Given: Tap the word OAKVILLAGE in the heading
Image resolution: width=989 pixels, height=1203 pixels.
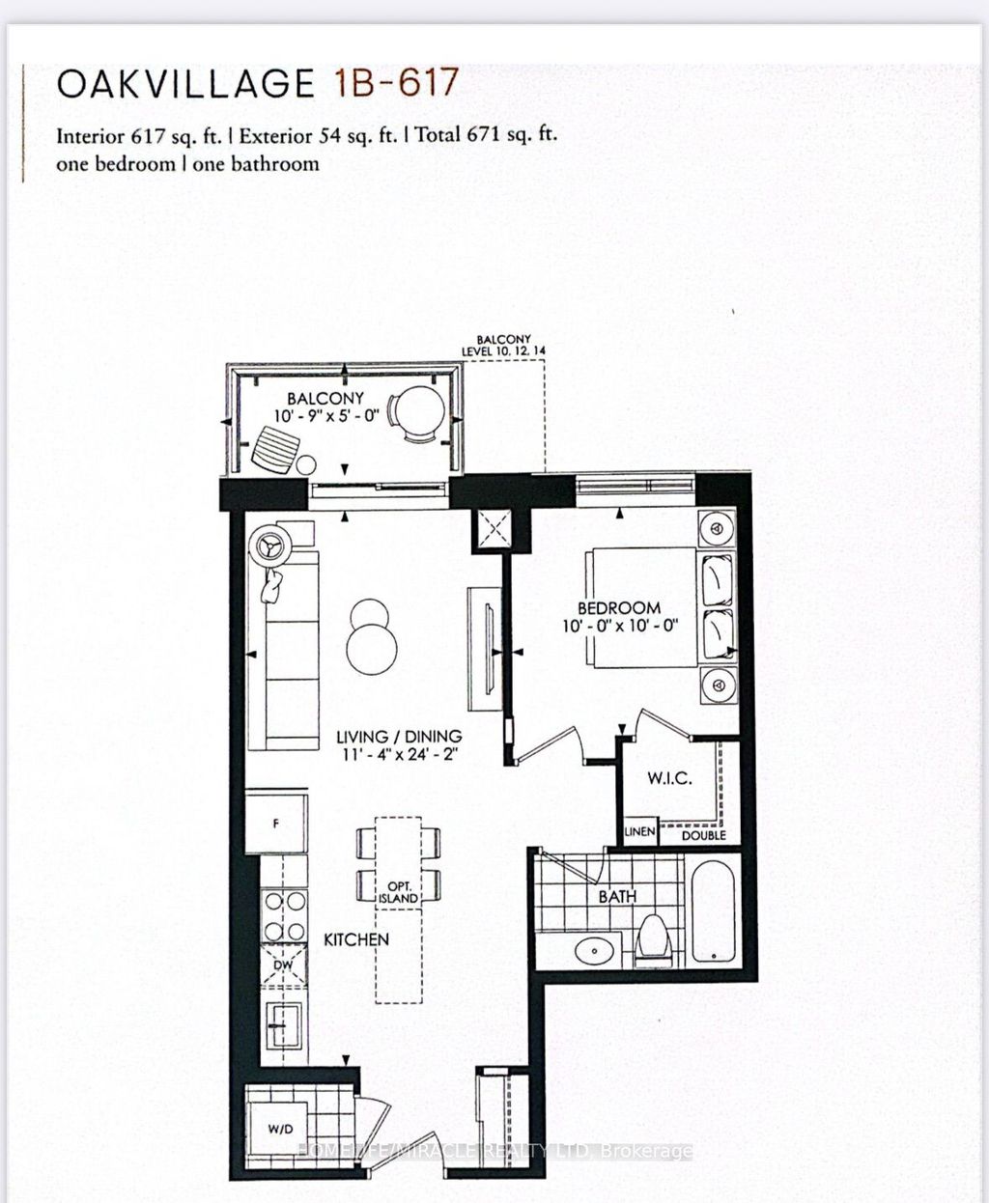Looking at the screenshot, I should coord(185,85).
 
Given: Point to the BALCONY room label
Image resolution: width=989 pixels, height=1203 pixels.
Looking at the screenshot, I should coord(325,398).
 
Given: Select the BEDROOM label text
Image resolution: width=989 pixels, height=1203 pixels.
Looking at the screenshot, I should coord(619,608).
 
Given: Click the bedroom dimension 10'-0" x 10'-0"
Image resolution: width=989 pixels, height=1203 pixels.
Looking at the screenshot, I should coord(619,627).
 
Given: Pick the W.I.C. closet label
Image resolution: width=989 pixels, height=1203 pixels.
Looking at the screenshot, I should coord(669,778).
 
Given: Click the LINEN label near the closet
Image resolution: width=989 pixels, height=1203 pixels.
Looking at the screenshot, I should coord(639,831).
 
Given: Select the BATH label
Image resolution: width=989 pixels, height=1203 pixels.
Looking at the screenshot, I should coord(617,896).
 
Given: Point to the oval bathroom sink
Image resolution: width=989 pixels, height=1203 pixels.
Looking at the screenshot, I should coord(589,951).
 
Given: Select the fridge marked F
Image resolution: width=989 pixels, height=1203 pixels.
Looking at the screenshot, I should coord(276,824).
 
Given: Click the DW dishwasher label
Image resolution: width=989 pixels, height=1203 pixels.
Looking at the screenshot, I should coord(283,964).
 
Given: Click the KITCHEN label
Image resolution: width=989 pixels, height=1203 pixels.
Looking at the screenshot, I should coord(355,939).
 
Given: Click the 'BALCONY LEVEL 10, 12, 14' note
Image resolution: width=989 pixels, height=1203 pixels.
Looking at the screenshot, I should coord(503,346).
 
